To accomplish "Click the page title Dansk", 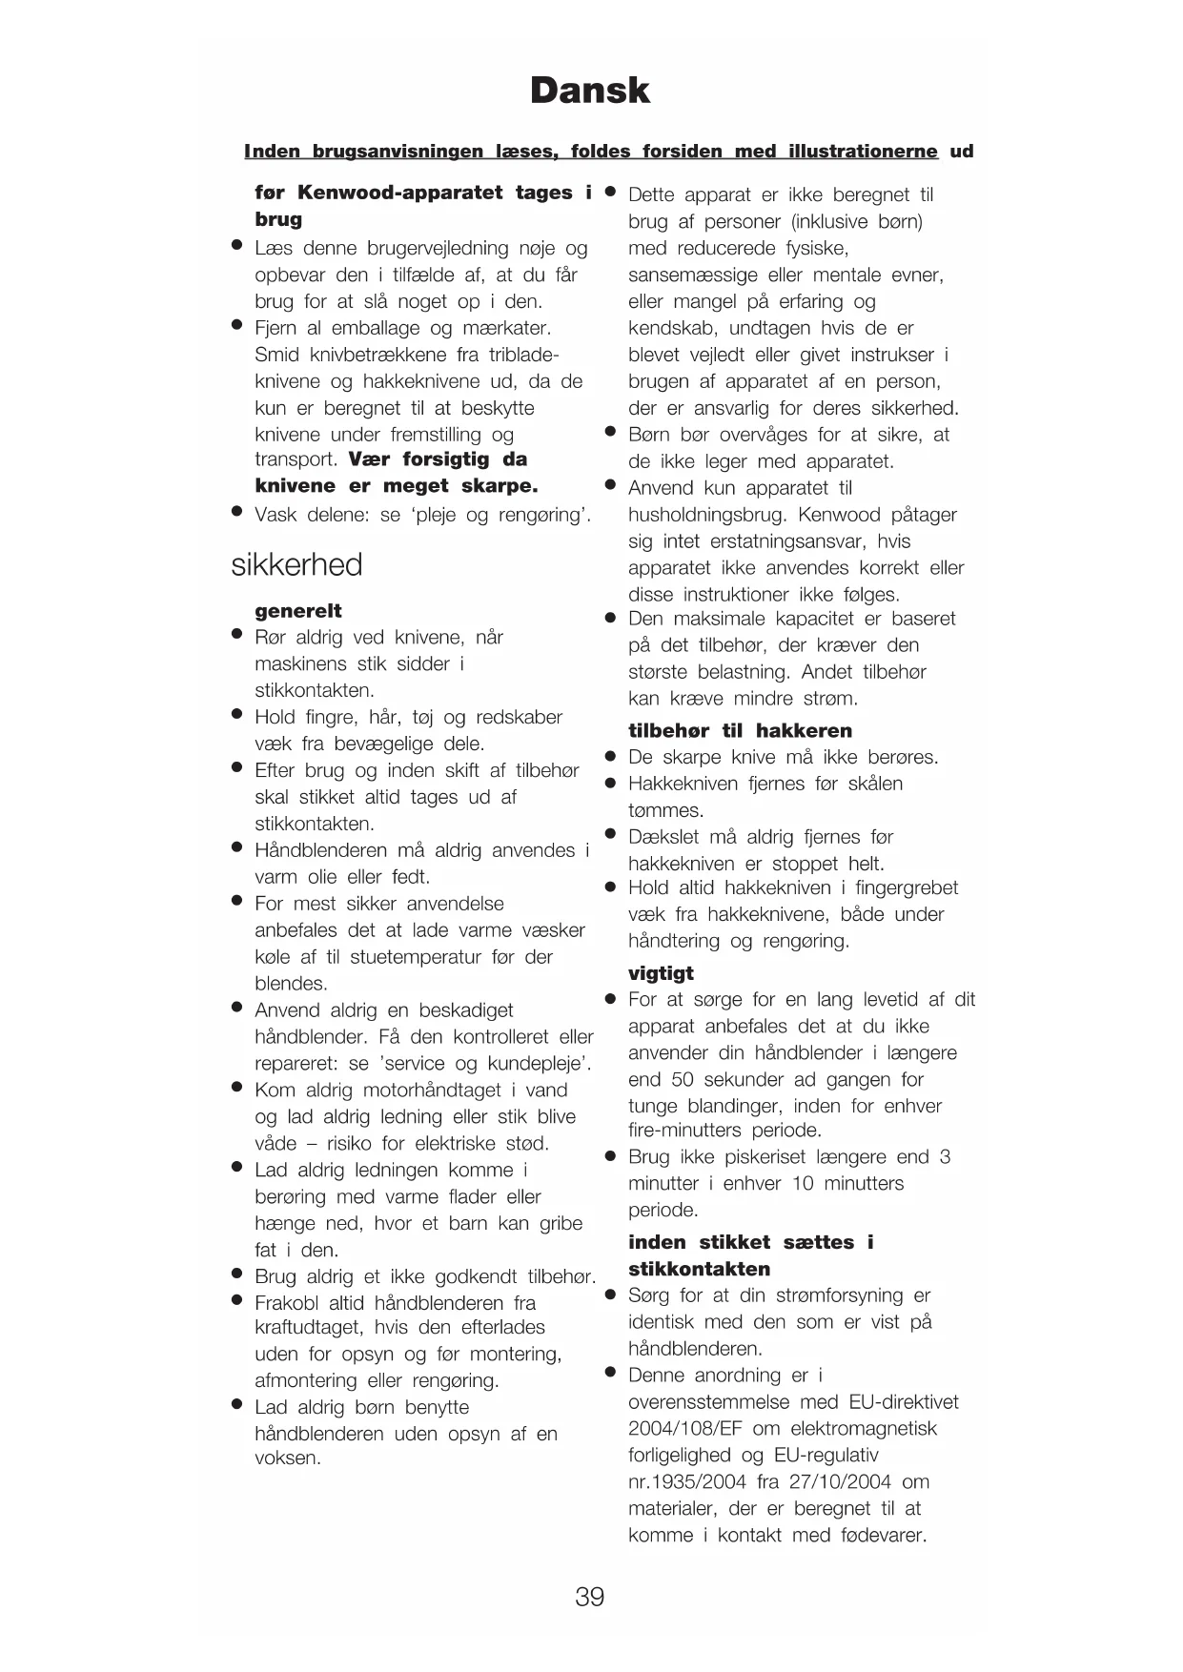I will (x=589, y=91).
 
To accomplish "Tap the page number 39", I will (x=589, y=1596).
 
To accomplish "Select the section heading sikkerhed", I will (x=296, y=564).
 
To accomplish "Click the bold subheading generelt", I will (x=297, y=611).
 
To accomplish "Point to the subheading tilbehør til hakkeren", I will (x=740, y=731).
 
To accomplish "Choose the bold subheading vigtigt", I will (x=661, y=973).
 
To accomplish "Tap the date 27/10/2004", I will (x=838, y=1481).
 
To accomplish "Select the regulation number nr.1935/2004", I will (x=686, y=1481).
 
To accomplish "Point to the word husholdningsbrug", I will (x=707, y=515).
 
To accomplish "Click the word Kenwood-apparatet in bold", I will (x=399, y=193).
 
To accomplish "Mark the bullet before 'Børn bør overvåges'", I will (x=611, y=432).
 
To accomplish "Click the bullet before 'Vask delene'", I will (x=237, y=512).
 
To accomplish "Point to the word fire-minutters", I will (x=683, y=1131).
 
